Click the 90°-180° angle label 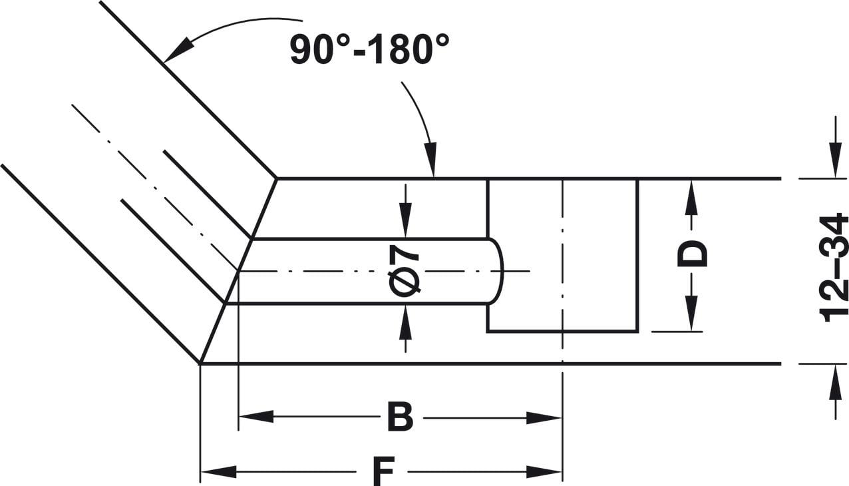click(x=369, y=49)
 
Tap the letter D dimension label click(x=692, y=254)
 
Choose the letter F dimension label click(x=381, y=472)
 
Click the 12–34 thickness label click(x=833, y=268)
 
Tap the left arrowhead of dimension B click(x=256, y=417)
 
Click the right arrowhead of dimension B click(x=544, y=418)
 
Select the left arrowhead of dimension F click(x=218, y=472)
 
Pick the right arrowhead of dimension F click(x=544, y=472)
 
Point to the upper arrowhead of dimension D click(x=691, y=198)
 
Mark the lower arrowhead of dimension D click(x=691, y=313)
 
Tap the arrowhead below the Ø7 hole click(x=406, y=322)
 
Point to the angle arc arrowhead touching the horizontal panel click(x=431, y=159)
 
